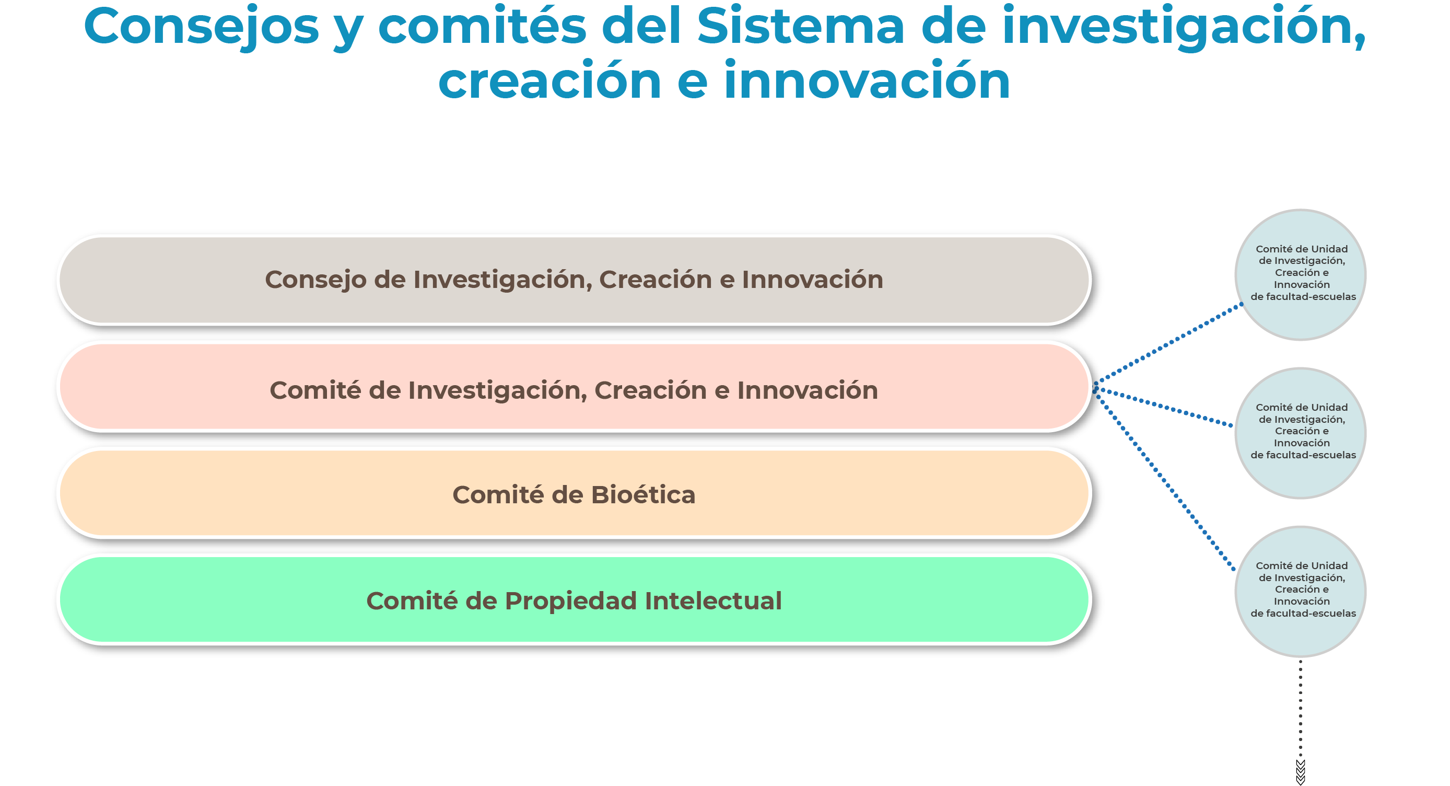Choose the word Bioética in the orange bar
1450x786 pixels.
tap(643, 495)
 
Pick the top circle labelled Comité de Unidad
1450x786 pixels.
tap(1300, 275)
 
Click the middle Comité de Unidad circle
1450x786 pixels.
tap(1300, 433)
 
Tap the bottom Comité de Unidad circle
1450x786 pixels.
tap(1300, 591)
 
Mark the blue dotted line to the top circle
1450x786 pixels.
tap(1168, 344)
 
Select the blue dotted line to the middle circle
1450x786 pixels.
tap(1163, 406)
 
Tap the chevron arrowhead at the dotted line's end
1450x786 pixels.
tap(1300, 772)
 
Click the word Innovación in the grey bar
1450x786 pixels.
tap(812, 280)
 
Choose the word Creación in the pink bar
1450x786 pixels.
tap(651, 390)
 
